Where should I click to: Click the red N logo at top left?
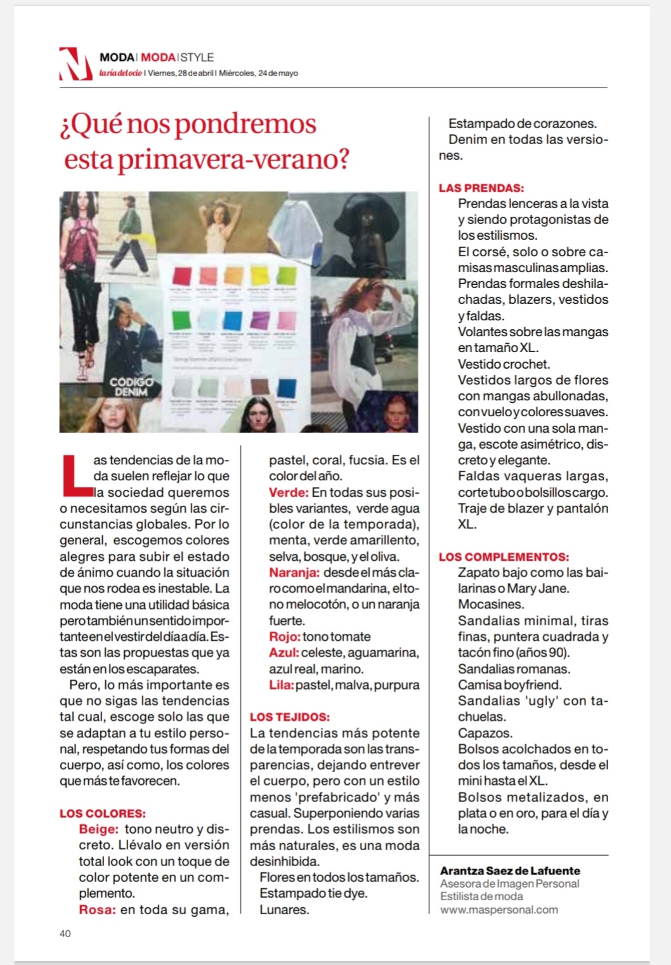[75, 64]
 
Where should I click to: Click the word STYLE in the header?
[197, 57]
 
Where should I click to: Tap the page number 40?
[65, 933]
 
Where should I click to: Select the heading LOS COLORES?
[103, 813]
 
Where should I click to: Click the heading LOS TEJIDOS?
[290, 717]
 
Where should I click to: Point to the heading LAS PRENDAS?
[481, 188]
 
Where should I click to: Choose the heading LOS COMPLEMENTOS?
[504, 557]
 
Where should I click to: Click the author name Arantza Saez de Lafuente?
[510, 870]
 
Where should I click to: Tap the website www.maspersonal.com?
[499, 910]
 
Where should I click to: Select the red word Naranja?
[294, 573]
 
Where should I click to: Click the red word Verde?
[289, 492]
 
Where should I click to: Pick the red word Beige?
[99, 829]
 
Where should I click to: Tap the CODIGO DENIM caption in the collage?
[131, 386]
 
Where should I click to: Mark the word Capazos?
[485, 733]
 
